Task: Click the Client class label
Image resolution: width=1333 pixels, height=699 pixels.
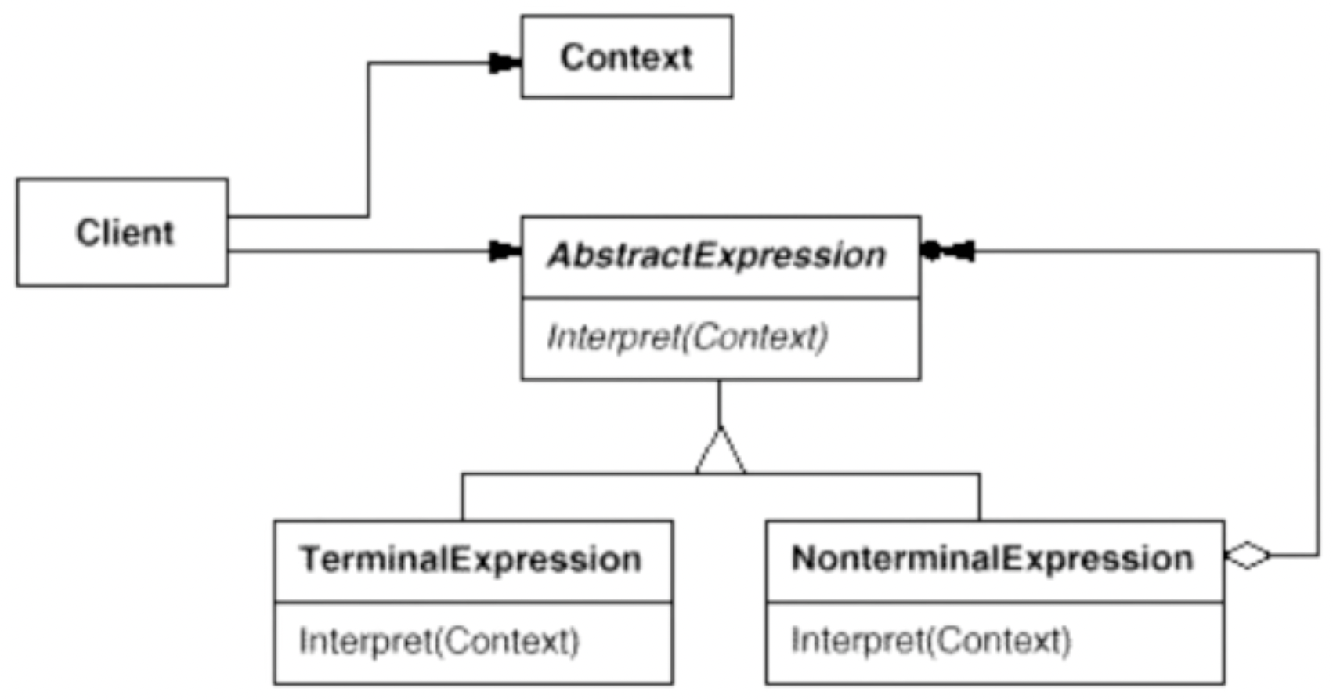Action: [124, 233]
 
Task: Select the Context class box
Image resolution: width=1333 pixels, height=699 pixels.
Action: [627, 56]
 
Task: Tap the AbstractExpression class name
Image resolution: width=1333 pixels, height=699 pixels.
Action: [717, 256]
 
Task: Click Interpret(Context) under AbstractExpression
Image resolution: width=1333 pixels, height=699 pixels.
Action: [687, 338]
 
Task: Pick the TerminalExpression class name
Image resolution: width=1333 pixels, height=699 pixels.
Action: [471, 560]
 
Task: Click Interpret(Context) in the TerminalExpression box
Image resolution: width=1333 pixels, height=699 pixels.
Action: [439, 641]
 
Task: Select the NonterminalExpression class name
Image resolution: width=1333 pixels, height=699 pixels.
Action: [992, 559]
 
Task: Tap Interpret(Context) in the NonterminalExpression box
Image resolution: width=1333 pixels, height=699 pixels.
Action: [930, 640]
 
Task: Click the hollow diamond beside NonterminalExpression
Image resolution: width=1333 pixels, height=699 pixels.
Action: [1248, 556]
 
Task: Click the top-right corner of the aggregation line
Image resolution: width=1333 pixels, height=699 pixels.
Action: [1318, 252]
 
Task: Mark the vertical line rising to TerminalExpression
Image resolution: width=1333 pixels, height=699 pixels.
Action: [462, 497]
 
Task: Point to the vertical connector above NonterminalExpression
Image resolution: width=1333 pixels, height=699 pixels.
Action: [979, 497]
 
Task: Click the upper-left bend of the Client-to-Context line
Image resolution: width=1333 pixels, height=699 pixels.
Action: [369, 63]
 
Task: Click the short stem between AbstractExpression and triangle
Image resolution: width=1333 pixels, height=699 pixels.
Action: [719, 403]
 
